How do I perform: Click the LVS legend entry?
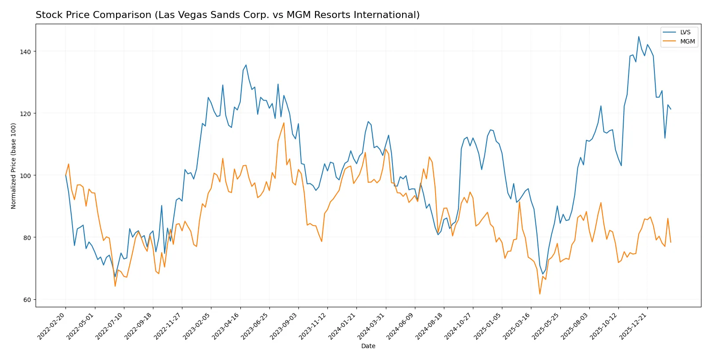[685, 32]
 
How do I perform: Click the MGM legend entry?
[687, 41]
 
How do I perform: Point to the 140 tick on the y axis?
[25, 51]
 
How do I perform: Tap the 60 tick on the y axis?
[27, 300]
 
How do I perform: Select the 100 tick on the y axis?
[25, 175]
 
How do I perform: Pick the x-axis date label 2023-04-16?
[227, 327]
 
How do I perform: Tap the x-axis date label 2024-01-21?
[343, 327]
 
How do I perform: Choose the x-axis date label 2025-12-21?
[634, 327]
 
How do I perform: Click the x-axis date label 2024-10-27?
[460, 327]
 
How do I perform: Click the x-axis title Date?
[368, 346]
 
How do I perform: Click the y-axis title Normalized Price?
[14, 166]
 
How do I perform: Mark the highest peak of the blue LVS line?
[639, 36]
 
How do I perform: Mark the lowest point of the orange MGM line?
[540, 294]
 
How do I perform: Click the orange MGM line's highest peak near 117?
[284, 123]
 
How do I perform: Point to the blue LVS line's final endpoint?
[671, 109]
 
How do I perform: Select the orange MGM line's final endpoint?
[671, 242]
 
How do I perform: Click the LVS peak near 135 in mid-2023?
[246, 65]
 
